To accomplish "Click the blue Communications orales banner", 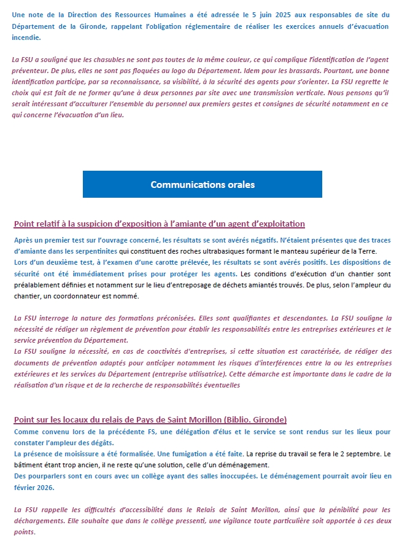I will [x=203, y=184].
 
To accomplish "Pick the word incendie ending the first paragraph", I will [x=27, y=37].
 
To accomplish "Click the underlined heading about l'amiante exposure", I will [x=159, y=224].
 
